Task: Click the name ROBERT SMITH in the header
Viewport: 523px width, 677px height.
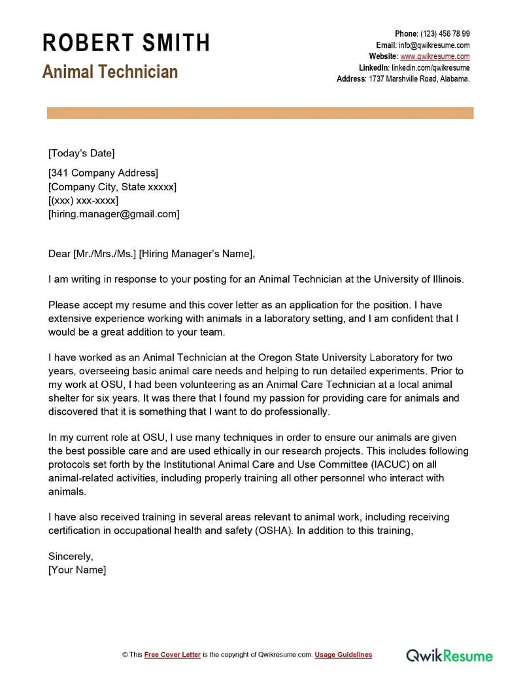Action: point(126,43)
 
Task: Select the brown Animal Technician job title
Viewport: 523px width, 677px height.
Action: point(110,71)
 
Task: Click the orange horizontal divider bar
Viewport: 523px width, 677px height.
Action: point(260,113)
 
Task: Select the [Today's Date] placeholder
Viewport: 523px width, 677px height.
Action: point(81,153)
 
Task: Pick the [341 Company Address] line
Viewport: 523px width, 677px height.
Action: point(103,173)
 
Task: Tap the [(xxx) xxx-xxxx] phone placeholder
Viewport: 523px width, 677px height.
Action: point(83,200)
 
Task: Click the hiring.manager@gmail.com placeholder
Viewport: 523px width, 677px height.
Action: point(114,214)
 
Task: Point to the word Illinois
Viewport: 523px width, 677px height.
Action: point(445,279)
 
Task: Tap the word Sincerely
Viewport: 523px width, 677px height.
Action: point(71,557)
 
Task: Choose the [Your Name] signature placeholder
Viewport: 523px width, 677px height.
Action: point(77,570)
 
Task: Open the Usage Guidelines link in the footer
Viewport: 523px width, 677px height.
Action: point(343,655)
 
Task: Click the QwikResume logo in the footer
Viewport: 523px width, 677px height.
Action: point(449,655)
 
